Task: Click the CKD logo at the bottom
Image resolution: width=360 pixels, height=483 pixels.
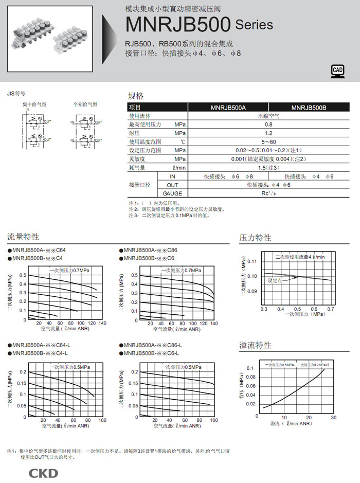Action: pos(43,473)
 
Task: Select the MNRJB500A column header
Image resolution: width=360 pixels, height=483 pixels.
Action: pos(228,108)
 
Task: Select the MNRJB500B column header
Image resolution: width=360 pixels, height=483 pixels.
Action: pos(309,108)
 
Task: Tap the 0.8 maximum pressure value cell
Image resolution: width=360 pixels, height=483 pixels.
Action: pos(268,124)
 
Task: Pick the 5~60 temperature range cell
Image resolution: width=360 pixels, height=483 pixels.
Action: pos(268,141)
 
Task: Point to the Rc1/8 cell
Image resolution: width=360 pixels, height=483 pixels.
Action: pos(268,193)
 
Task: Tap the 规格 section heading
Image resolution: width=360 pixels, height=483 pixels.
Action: pos(136,96)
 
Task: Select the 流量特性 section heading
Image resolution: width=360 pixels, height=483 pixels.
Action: pos(23,237)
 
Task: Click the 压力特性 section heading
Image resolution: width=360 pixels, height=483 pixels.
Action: pos(255,238)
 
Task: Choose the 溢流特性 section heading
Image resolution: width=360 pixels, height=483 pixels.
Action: pos(255,345)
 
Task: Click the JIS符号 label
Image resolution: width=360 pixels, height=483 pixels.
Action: pos(16,94)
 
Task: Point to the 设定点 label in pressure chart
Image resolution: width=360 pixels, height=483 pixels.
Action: pos(275,281)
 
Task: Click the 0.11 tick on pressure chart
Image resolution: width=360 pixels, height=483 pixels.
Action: pos(252,261)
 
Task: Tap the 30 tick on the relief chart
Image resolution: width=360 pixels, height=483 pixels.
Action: pos(333,417)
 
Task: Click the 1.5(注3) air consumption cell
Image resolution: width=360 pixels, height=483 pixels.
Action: pos(268,168)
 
